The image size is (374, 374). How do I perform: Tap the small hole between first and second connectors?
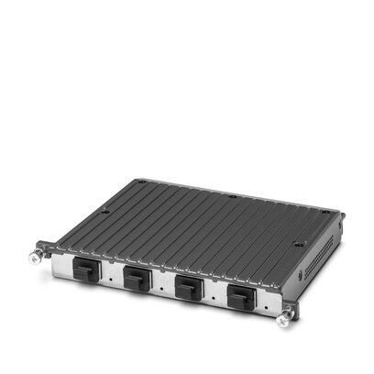click(x=109, y=273)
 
